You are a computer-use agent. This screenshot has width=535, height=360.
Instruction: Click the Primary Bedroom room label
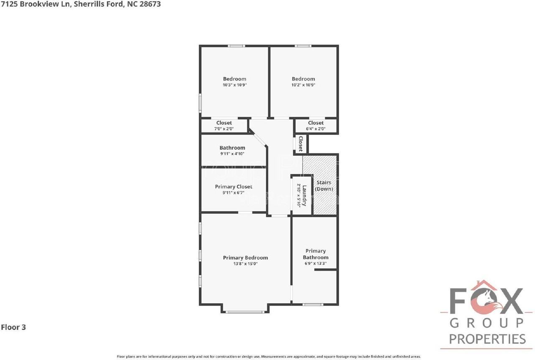pos(245,258)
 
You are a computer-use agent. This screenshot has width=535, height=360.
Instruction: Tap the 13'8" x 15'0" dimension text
pos(245,264)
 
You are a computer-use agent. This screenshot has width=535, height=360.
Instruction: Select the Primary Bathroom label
pos(316,254)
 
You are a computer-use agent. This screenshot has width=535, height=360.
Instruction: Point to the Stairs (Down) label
pos(324,186)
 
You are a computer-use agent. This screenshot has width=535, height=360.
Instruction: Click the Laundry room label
pos(305,195)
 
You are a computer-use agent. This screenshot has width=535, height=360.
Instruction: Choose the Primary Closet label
pos(234,187)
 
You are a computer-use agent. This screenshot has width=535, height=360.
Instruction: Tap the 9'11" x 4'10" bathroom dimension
pos(232,154)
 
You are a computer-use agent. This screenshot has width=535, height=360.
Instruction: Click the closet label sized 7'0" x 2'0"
pos(224,123)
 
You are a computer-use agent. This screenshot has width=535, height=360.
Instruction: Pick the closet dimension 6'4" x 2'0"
pos(316,129)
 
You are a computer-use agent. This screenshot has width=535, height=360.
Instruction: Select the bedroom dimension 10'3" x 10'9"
pos(234,85)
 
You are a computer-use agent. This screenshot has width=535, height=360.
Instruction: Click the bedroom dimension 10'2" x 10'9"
pos(303,85)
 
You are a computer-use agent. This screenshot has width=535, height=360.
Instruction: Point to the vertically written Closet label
pos(300,143)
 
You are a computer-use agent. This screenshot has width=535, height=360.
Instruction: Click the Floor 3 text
pos(13,327)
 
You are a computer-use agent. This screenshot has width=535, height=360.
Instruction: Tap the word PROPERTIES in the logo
pos(487,339)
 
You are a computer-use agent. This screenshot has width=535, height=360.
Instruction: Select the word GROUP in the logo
pos(487,323)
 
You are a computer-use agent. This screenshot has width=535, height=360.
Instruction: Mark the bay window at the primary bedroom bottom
pos(245,311)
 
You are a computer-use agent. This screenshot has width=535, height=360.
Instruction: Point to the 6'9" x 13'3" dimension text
pos(316,264)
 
